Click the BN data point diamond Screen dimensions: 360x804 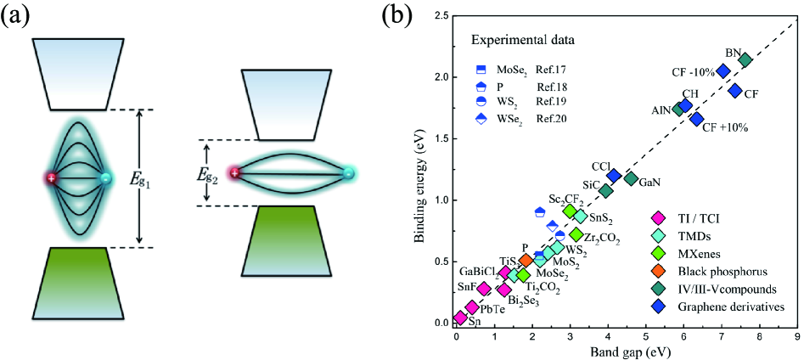(x=745, y=59)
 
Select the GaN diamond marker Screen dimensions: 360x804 (x=631, y=178)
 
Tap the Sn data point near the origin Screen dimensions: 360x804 (x=460, y=318)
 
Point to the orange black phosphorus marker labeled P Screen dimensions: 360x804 (x=526, y=261)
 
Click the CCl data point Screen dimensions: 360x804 (x=614, y=176)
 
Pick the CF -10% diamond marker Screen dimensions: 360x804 (x=723, y=71)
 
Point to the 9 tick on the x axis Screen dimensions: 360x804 (x=796, y=335)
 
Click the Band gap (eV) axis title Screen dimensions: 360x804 (x=626, y=351)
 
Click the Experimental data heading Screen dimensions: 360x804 (x=522, y=40)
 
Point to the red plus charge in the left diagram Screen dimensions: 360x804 (x=52, y=178)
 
